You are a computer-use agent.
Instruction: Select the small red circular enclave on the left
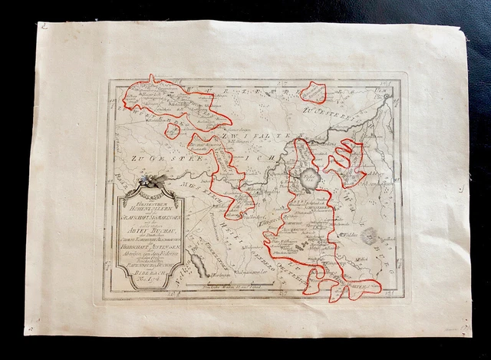(173, 130)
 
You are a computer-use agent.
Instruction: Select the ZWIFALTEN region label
(253, 137)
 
